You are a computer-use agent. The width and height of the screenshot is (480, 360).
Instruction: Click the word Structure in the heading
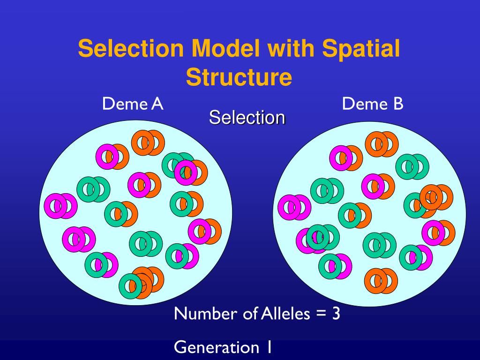coord(239,77)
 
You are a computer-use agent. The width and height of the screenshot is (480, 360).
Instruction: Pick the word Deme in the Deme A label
coord(122,104)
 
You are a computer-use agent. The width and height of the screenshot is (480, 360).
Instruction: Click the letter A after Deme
coord(157,104)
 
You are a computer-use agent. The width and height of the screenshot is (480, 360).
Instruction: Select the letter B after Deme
coord(397,104)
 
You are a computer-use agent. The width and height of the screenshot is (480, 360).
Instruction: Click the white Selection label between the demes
coord(247,117)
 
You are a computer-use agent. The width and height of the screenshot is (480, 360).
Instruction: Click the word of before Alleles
coord(248,313)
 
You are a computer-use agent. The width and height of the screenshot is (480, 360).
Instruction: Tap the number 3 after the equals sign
coord(336,313)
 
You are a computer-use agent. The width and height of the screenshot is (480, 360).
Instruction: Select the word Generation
coord(213,347)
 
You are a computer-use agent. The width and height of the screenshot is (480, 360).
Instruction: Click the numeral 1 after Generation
coord(270,347)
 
